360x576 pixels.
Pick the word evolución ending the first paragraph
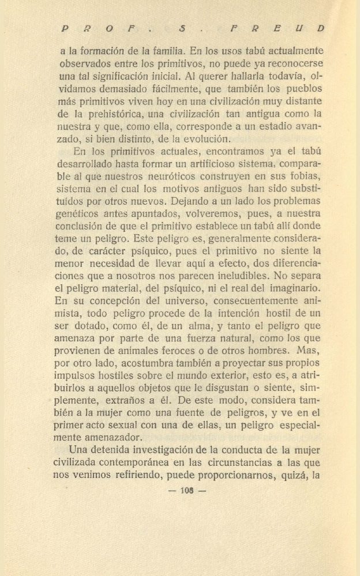(206, 139)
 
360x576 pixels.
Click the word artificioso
(223, 164)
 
